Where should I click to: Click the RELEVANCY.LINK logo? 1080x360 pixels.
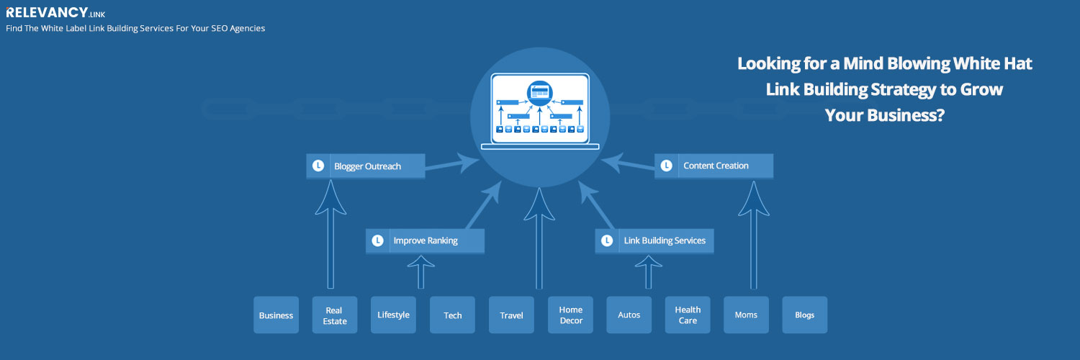(x=55, y=12)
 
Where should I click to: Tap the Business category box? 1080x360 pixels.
(x=276, y=315)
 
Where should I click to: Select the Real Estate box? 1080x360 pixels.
(x=335, y=315)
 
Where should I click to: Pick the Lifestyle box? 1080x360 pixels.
(x=393, y=315)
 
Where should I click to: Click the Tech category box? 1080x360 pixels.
(x=452, y=315)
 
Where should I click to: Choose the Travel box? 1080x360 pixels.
(x=511, y=315)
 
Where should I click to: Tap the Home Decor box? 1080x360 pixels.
(x=570, y=315)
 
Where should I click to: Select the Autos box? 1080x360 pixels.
(x=629, y=315)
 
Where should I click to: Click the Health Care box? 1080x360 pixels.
(x=688, y=315)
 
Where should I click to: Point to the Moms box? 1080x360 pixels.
(x=747, y=315)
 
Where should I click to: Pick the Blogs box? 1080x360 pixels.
(x=805, y=315)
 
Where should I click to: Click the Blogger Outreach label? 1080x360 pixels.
(x=367, y=166)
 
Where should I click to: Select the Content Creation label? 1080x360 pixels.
(x=716, y=166)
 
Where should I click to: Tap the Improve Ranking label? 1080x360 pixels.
(x=426, y=240)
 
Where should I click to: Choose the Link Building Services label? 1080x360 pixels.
(x=665, y=240)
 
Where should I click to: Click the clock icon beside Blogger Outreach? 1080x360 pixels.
(x=318, y=166)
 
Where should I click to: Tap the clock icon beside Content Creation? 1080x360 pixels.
(x=666, y=166)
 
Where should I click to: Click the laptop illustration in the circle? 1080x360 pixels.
(x=540, y=112)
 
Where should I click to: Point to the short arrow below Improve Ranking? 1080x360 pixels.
(x=421, y=272)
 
